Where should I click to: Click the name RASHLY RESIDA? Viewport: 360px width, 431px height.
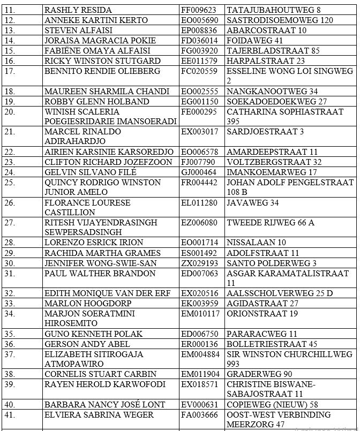(x=78, y=10)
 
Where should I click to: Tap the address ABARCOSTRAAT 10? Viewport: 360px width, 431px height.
(x=266, y=30)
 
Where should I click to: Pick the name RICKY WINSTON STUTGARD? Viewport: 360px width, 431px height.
(x=102, y=61)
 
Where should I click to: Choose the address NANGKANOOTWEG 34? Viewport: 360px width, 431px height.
(x=272, y=91)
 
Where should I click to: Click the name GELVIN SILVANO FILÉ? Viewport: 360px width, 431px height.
(x=90, y=172)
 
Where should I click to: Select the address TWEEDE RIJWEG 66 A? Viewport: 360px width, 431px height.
(x=271, y=223)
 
